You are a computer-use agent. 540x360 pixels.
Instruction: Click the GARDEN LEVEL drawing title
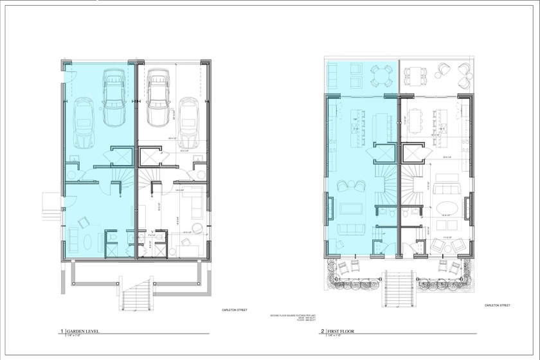(x=84, y=332)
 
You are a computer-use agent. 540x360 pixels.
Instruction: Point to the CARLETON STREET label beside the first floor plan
(x=497, y=305)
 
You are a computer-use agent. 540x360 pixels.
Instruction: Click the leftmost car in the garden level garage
(x=84, y=122)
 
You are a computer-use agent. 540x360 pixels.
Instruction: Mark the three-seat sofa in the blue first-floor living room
(x=350, y=230)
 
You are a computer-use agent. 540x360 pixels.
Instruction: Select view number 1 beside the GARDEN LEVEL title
(x=62, y=332)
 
